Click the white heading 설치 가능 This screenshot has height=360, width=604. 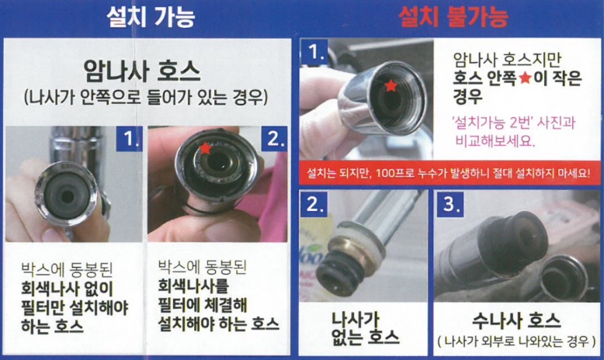(151, 17)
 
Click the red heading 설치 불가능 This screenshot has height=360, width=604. (453, 17)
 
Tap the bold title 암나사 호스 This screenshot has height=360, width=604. (142, 71)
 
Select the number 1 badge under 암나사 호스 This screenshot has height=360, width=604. (129, 139)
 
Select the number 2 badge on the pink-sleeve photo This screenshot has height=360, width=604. (274, 139)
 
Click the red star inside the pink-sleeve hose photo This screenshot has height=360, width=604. (205, 147)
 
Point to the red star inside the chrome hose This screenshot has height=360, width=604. (391, 85)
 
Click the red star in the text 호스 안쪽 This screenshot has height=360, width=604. (525, 78)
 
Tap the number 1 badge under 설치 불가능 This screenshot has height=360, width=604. (314, 51)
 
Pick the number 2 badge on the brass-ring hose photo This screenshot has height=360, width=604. (314, 204)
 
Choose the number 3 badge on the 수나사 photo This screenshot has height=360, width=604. (450, 204)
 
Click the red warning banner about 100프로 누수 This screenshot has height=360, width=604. (449, 173)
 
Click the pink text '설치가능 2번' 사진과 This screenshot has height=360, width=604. (515, 123)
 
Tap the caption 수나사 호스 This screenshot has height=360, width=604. (516, 320)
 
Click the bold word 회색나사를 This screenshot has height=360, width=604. (193, 286)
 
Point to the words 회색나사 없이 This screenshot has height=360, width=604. (68, 289)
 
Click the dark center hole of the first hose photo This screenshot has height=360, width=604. (67, 197)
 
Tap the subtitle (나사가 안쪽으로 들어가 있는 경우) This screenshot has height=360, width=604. (146, 98)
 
